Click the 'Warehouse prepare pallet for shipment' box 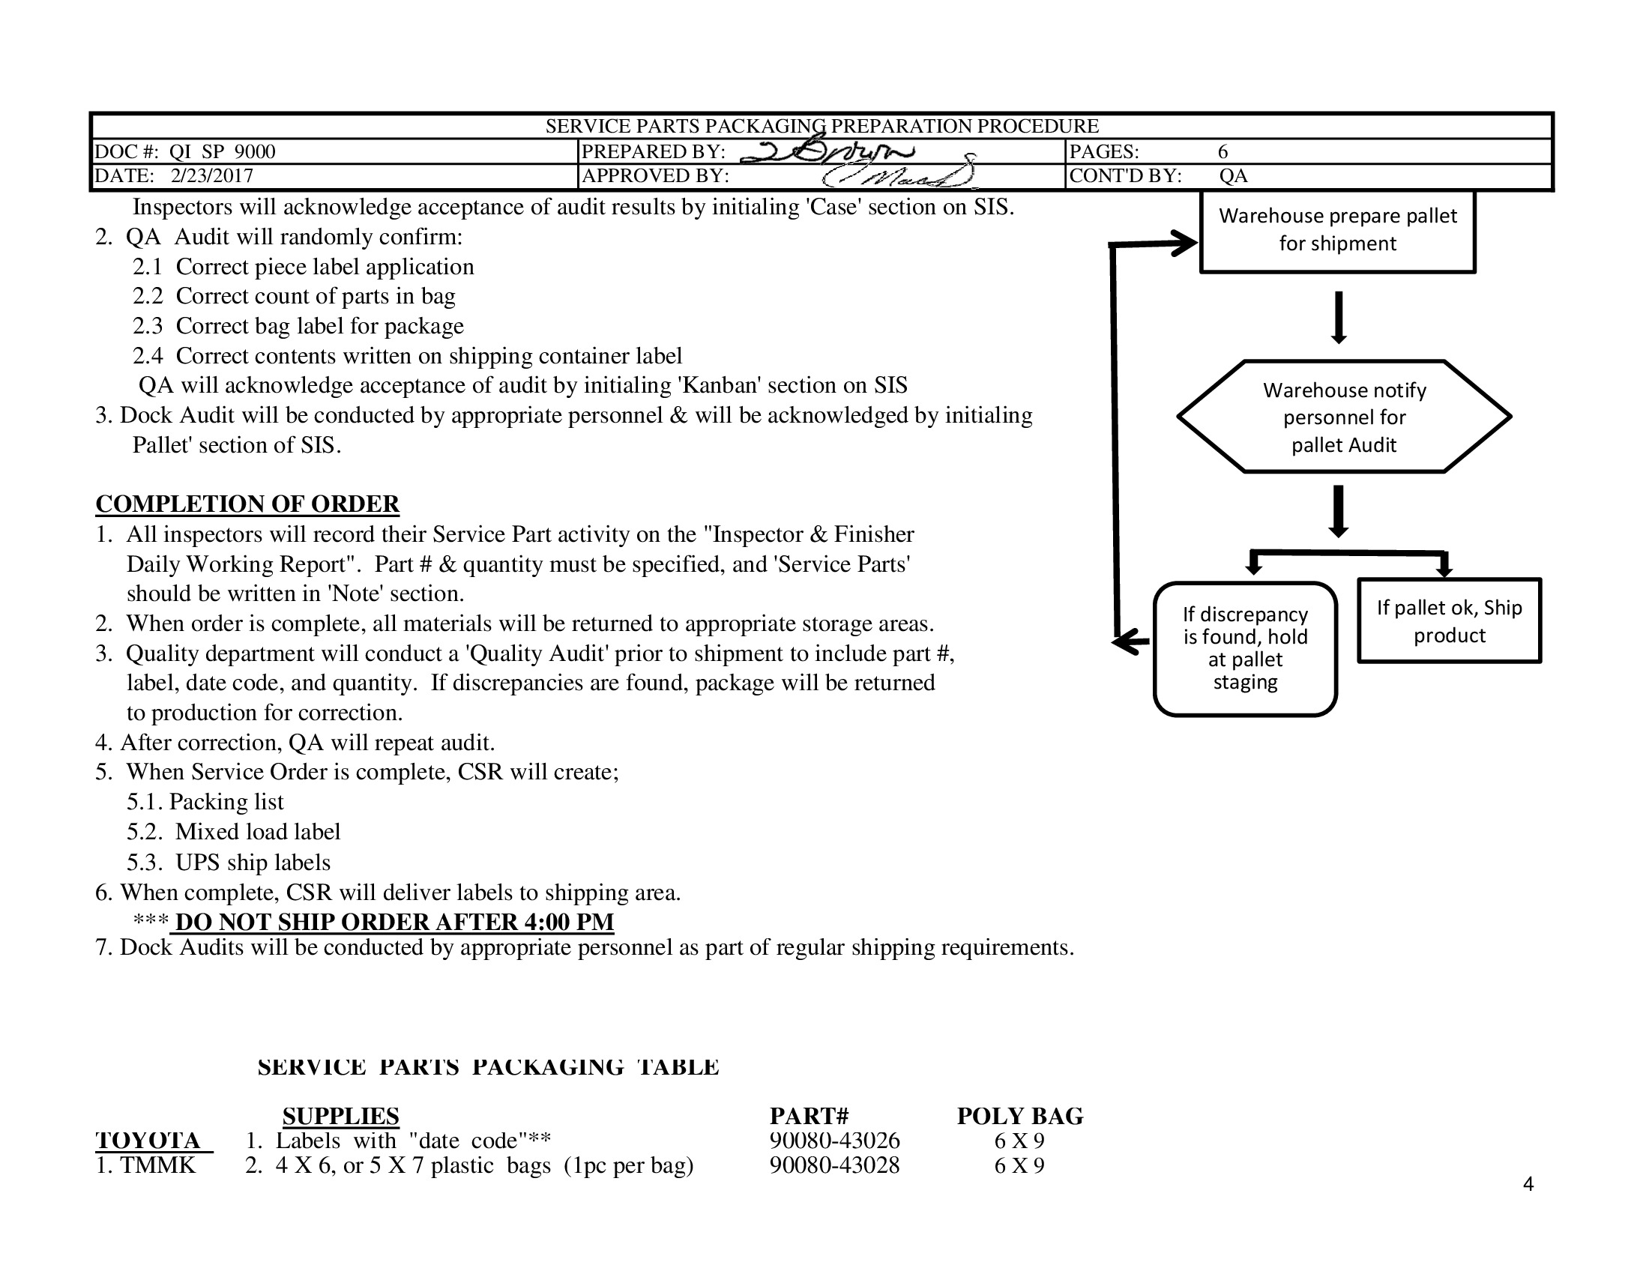1337,230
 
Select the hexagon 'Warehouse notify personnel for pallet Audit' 1344,417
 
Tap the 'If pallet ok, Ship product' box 1449,621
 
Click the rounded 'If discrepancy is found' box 1245,648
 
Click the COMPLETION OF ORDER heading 247,504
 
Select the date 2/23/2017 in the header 211,176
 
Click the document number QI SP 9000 222,151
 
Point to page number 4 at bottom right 1528,1184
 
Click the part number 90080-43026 834,1141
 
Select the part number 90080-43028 834,1165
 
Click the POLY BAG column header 1019,1116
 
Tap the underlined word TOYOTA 148,1141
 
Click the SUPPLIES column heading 340,1116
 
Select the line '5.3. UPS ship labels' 228,862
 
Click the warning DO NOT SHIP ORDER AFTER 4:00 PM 394,922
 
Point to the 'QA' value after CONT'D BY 1233,176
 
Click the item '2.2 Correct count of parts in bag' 294,296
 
